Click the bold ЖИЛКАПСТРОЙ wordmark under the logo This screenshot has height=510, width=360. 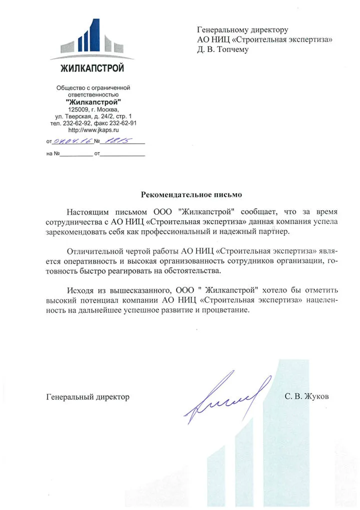tap(92, 69)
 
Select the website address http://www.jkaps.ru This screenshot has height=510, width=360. tap(93, 130)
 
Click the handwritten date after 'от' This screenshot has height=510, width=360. tap(72, 142)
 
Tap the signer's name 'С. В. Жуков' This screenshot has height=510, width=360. tap(307, 397)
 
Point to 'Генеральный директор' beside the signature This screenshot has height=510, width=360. tap(87, 397)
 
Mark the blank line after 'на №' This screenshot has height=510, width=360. tap(77, 154)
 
